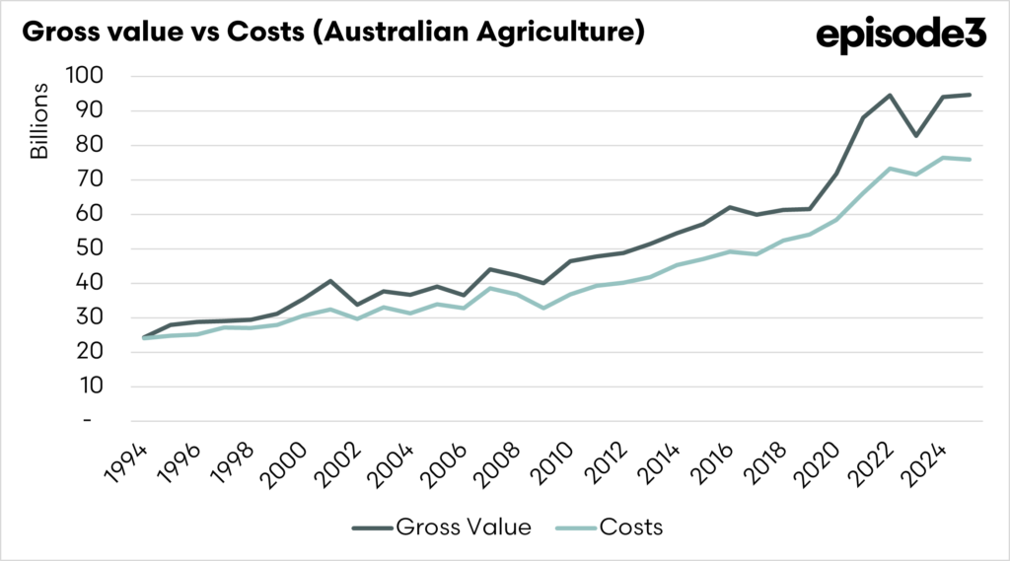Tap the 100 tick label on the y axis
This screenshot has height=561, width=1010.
87,76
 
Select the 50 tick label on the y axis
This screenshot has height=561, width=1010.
93,248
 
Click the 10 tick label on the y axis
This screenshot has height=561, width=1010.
93,386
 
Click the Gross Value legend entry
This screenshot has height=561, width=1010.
442,527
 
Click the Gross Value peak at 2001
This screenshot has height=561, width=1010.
331,281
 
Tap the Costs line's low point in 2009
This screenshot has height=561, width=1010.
541,308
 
